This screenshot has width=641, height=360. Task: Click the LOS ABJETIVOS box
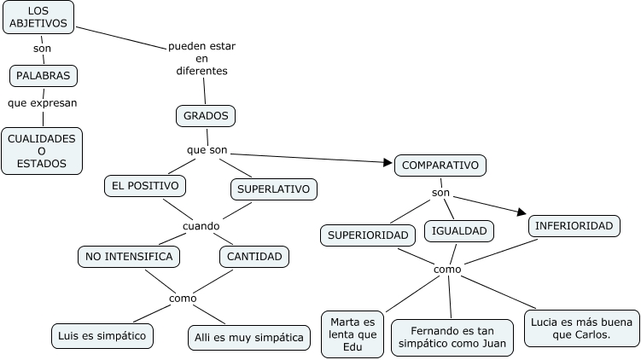(x=38, y=17)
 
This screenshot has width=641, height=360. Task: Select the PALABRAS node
(x=44, y=76)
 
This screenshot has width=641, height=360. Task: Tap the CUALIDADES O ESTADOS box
(x=42, y=151)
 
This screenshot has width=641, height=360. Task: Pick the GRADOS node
(x=205, y=115)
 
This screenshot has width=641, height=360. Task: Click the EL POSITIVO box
(x=144, y=185)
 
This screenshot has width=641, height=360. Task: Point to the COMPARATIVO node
(x=440, y=165)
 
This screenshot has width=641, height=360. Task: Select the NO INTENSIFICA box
(x=129, y=256)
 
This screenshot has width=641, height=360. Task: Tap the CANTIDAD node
(x=254, y=256)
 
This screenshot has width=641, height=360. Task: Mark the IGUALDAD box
(x=459, y=230)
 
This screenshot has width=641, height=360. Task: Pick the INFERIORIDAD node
(x=574, y=226)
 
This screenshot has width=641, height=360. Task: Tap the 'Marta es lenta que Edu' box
(x=353, y=334)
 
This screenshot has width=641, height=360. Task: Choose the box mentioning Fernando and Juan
(x=452, y=338)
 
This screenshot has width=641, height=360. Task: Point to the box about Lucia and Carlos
(x=581, y=328)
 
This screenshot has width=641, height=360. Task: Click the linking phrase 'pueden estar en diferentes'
(x=202, y=57)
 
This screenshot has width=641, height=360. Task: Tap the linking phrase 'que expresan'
(x=42, y=103)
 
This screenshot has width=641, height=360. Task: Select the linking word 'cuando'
(x=201, y=226)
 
